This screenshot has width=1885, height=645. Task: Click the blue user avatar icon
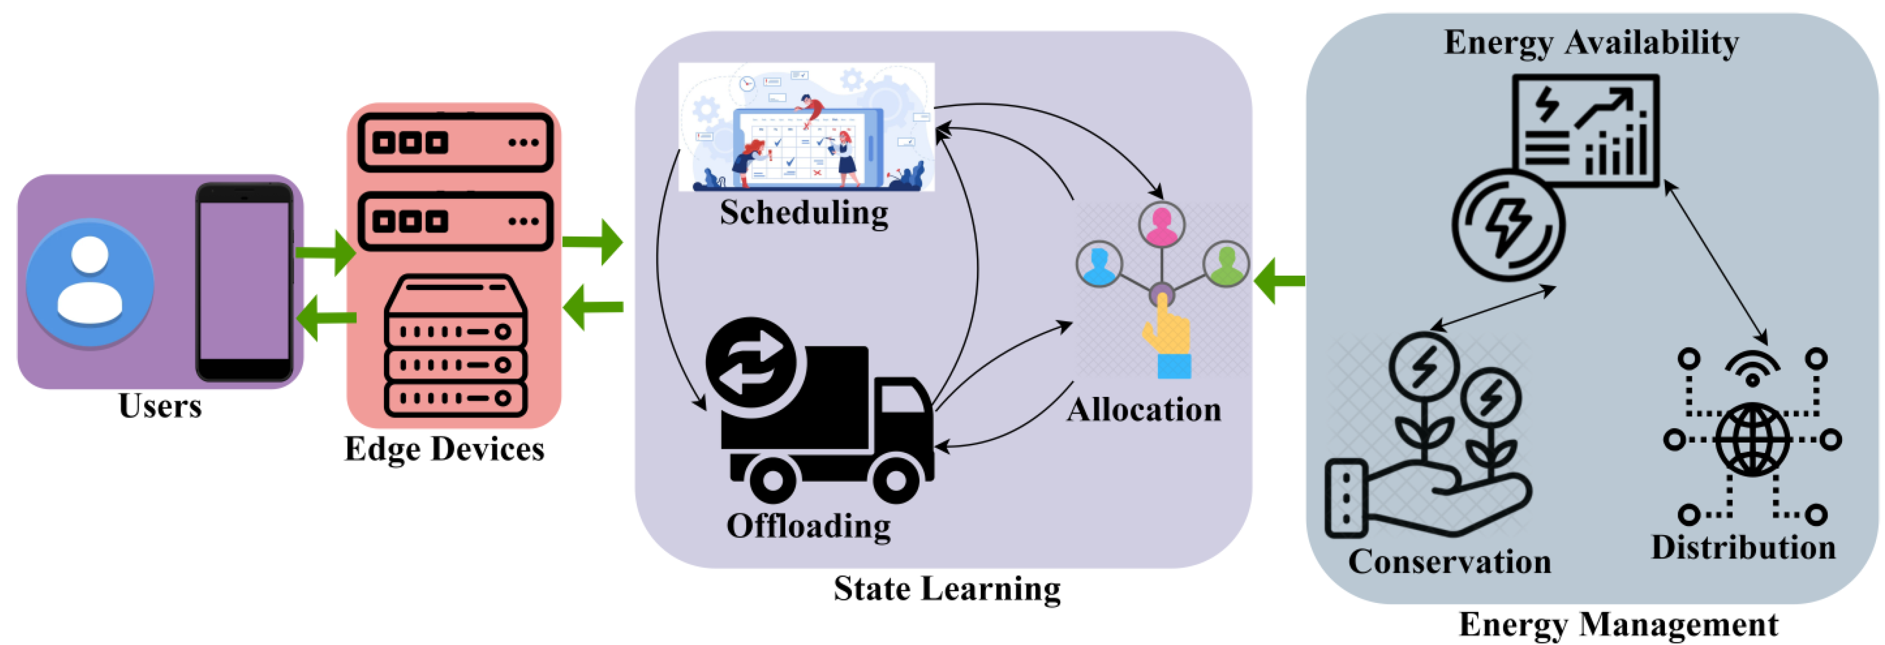(90, 282)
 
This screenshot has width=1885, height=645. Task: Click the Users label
(160, 406)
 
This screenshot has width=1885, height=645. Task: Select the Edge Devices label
(444, 449)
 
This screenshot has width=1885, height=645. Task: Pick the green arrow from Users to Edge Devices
(326, 253)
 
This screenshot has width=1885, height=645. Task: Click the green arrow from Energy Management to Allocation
(1279, 280)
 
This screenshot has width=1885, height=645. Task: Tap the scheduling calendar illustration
(806, 128)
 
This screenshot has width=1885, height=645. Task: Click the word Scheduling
(803, 213)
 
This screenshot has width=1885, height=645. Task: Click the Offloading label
(808, 526)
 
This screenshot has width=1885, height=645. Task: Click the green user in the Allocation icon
(1226, 264)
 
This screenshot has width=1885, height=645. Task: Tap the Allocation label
(1144, 410)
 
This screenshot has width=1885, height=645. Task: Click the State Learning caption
(947, 589)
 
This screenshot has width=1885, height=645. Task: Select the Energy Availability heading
(1591, 43)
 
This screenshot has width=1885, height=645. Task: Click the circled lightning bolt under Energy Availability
(1508, 225)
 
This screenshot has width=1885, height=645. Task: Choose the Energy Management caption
(1618, 624)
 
